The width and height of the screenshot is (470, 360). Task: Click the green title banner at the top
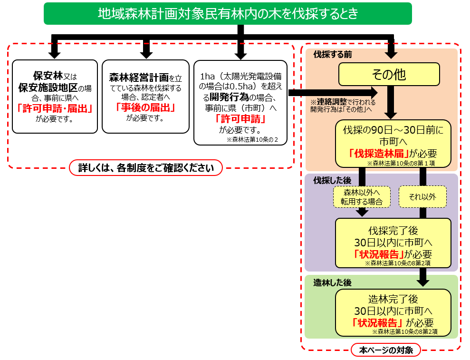[x=228, y=13]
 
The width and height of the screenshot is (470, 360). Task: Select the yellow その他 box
[x=388, y=75]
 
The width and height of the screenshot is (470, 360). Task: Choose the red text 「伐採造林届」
[x=380, y=154]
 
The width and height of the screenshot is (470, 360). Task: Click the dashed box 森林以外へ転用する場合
[x=362, y=196]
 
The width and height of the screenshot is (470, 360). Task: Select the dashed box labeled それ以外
[x=422, y=196]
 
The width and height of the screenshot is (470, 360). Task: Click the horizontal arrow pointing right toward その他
[x=333, y=93]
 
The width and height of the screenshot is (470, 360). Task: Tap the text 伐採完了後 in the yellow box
[x=393, y=231]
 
